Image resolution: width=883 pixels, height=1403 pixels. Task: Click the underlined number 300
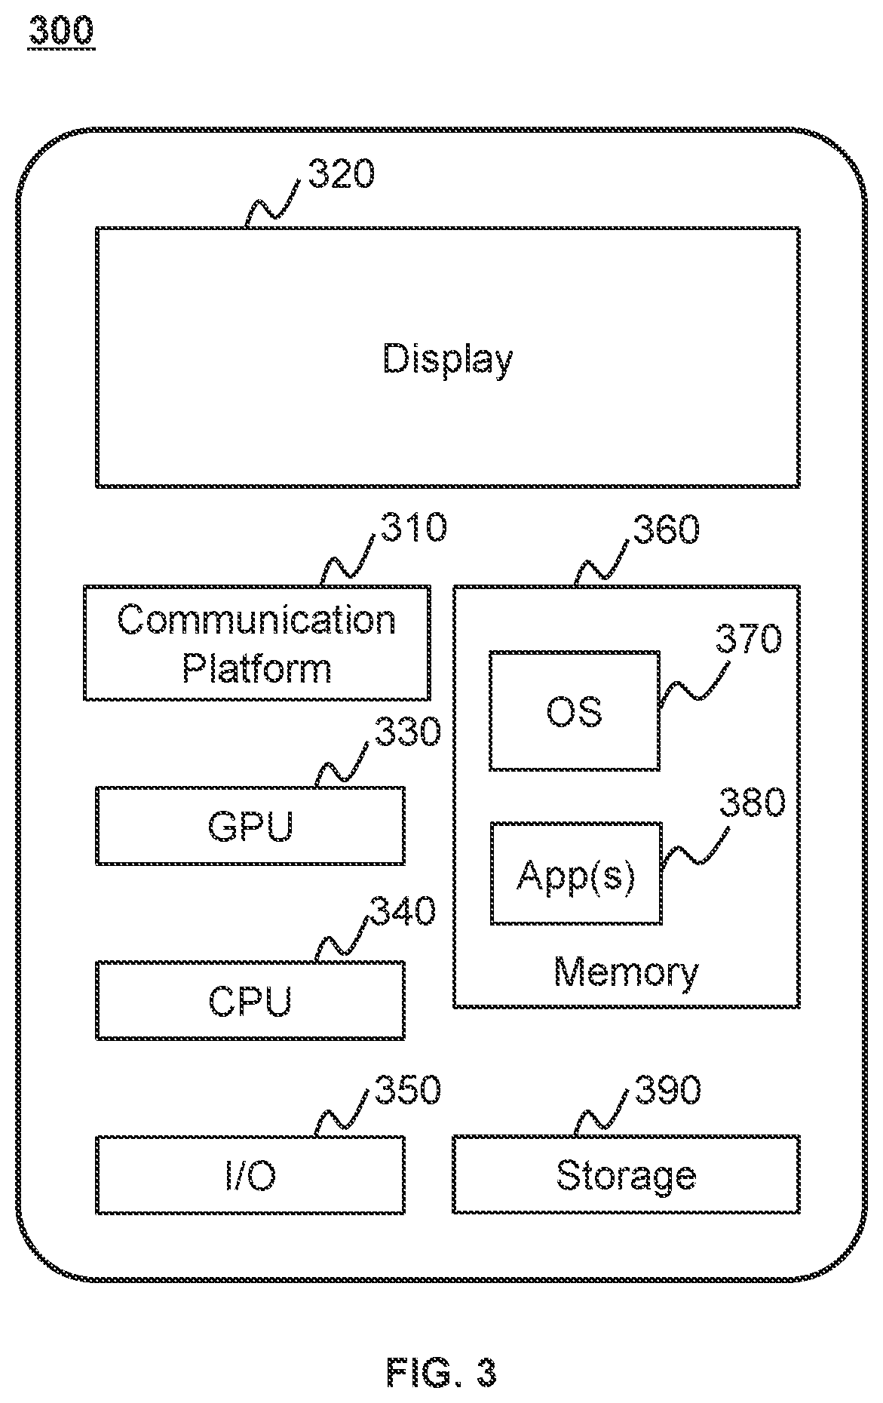coord(62,32)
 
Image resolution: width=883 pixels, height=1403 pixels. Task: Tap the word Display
coord(448,359)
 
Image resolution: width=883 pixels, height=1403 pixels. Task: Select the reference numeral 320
coord(340,175)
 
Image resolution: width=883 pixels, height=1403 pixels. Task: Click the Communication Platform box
coord(257,643)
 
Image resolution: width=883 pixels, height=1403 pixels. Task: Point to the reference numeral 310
coord(413,527)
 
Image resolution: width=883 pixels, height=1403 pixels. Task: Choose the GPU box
coord(250,825)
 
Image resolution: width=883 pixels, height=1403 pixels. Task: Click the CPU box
coord(250,1000)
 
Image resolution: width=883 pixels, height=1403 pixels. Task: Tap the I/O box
coord(250,1175)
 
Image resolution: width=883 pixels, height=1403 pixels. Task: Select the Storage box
coord(626,1175)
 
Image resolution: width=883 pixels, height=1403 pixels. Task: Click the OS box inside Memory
coord(575,711)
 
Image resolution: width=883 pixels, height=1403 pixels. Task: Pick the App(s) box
coord(576,873)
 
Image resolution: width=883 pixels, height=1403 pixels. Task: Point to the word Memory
coord(626,972)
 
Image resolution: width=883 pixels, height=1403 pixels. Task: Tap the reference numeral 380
coord(752,803)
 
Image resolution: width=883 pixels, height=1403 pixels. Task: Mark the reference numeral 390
coord(668,1090)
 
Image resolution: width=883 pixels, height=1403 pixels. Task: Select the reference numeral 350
coord(408,1090)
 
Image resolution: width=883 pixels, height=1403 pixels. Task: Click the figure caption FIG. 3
coord(442,1372)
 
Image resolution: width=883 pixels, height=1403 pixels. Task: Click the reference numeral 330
coord(408,732)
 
